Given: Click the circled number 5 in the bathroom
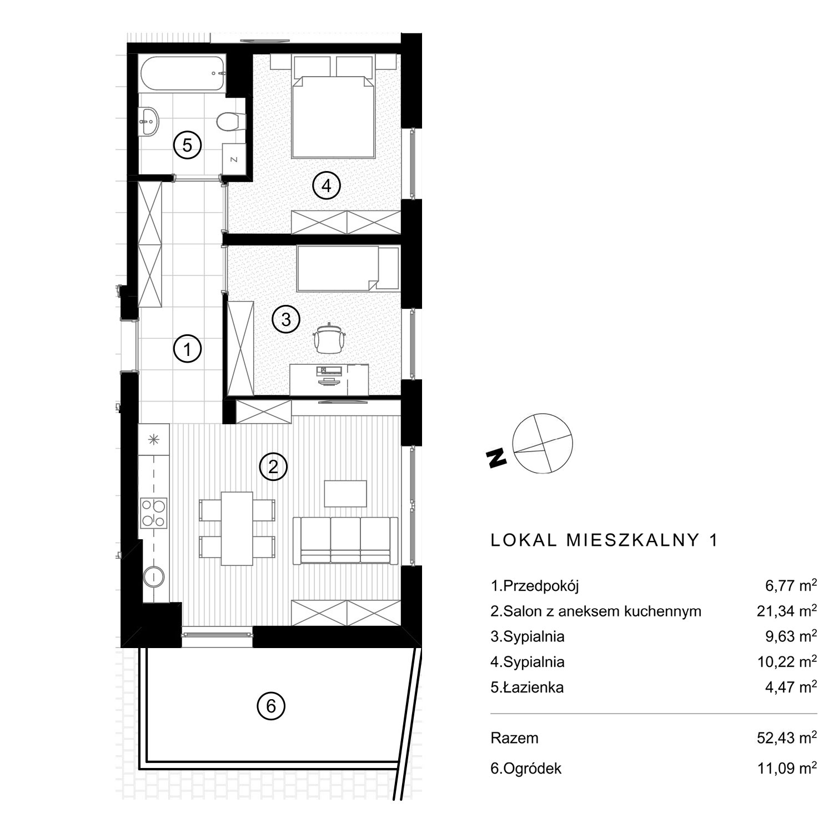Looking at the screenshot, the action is (x=187, y=145).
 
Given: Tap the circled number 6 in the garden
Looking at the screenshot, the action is (x=270, y=706).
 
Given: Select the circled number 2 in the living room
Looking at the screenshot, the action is (x=273, y=467).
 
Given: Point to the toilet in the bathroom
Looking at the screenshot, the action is (x=230, y=121).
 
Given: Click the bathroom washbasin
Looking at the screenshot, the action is (x=149, y=121).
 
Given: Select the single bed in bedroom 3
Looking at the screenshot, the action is (x=348, y=269).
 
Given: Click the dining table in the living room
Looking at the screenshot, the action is (x=237, y=528).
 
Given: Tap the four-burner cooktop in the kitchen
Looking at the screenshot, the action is (x=154, y=513).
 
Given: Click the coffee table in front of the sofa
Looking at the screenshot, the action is (x=345, y=493).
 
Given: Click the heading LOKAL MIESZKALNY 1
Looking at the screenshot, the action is (x=605, y=541).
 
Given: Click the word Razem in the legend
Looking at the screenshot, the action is (x=514, y=738).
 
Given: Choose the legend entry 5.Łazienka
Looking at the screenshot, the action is (x=527, y=688).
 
